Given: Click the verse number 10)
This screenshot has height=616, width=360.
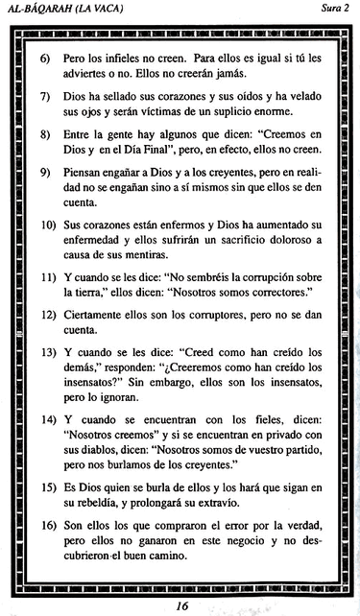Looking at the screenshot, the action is [46, 226].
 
